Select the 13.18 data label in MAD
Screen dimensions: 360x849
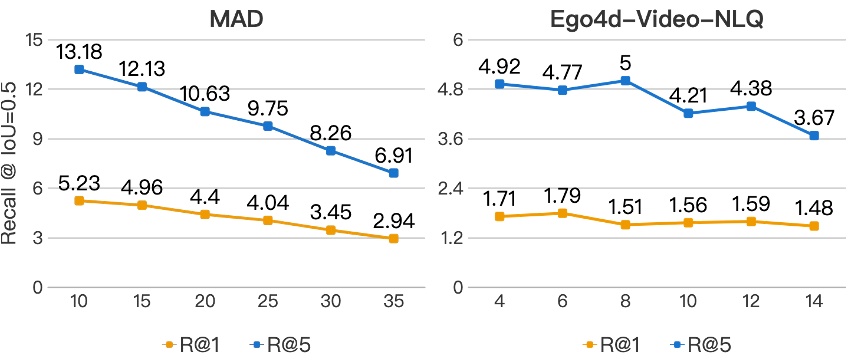coord(78,48)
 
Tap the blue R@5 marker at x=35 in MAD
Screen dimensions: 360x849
coord(394,173)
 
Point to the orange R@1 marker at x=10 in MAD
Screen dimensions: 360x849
coord(78,201)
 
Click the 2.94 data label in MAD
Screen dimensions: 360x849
coord(394,219)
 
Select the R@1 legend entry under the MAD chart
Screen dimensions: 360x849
coord(187,343)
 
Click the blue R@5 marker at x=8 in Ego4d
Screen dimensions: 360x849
coord(626,80)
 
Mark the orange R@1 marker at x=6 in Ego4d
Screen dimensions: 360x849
coord(563,213)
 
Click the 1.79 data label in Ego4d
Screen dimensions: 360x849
coord(563,192)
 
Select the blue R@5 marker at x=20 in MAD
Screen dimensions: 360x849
coord(204,111)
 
